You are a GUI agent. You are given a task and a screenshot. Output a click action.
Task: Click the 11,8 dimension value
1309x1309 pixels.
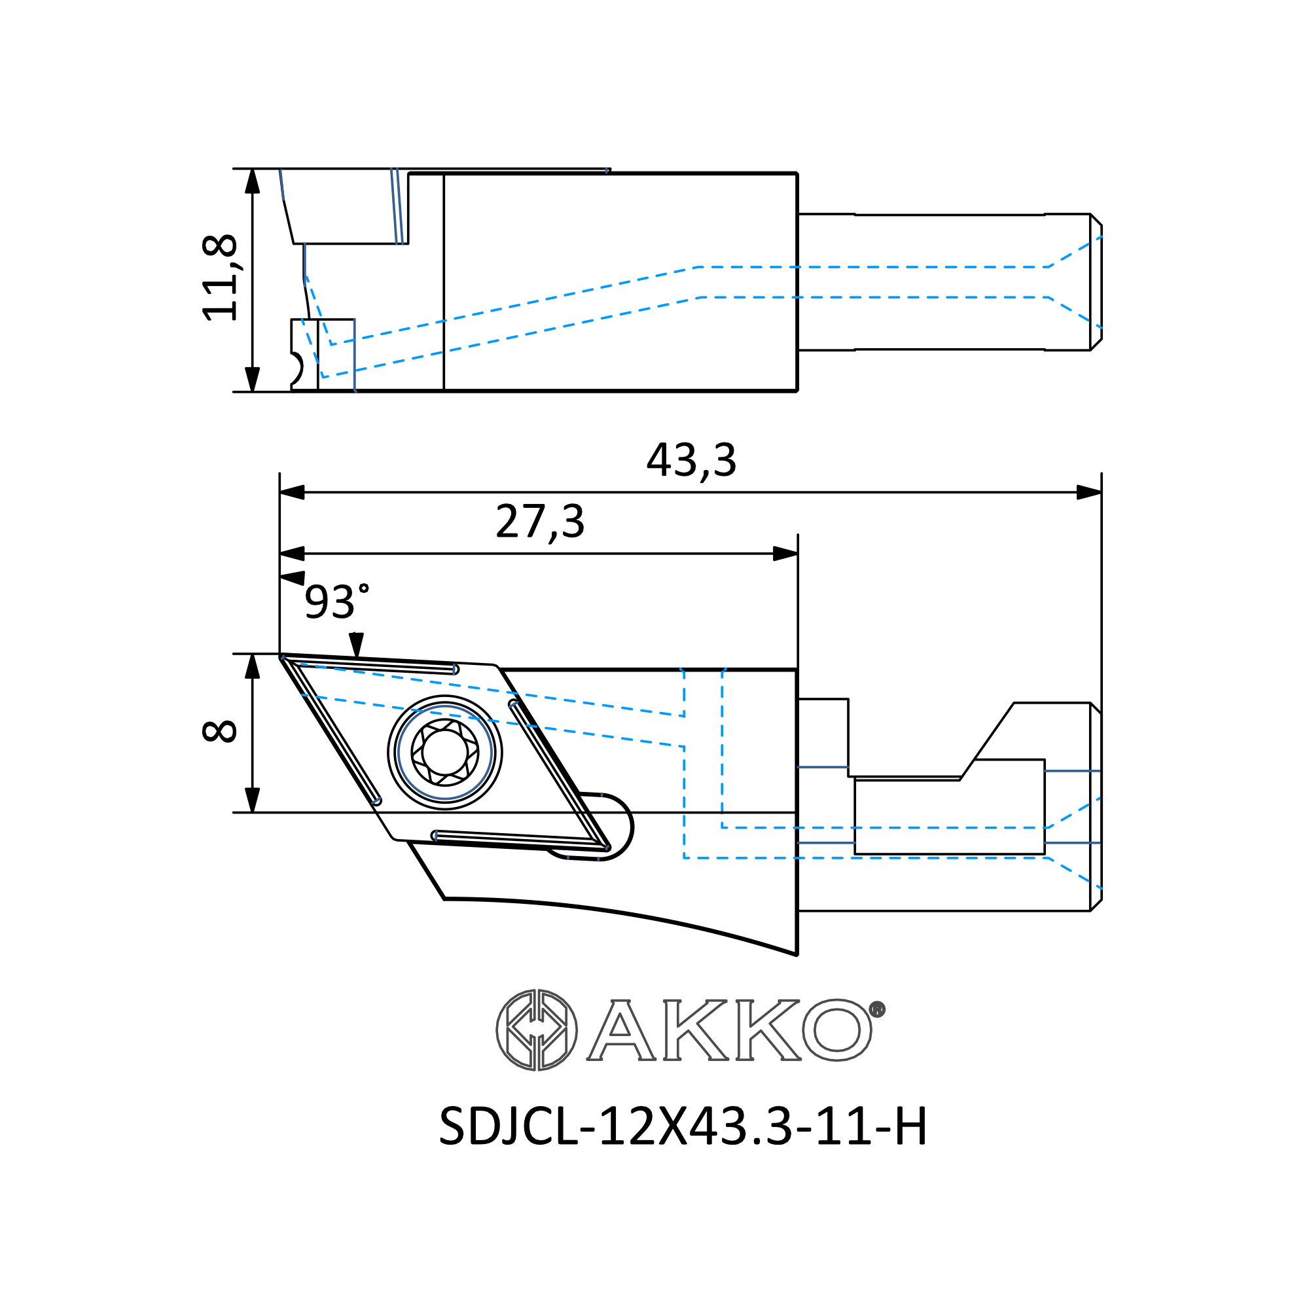coord(220,277)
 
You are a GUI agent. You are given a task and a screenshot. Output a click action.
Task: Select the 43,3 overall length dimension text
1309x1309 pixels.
coord(691,460)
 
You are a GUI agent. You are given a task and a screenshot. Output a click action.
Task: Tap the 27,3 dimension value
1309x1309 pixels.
coord(540,522)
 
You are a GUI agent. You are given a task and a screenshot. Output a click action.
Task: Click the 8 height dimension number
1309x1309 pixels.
coord(219,731)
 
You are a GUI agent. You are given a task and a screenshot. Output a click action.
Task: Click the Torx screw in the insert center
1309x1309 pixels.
coord(445,752)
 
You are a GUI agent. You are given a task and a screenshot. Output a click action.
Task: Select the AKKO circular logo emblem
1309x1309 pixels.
coord(537,1030)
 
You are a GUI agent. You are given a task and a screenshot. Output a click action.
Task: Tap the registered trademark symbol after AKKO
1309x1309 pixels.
coord(877,1009)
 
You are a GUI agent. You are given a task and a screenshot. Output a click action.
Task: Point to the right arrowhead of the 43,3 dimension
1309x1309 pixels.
coord(1089,493)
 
